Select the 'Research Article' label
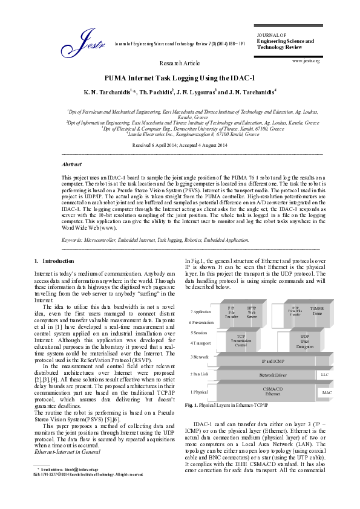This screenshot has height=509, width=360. tap(180, 63)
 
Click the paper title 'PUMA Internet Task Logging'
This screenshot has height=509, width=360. tap(180, 78)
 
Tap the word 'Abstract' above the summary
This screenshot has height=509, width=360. tap(73, 164)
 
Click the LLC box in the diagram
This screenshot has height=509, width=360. tap(324, 375)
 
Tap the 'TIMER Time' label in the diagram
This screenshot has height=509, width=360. tap(317, 311)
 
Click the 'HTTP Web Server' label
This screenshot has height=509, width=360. tap(252, 312)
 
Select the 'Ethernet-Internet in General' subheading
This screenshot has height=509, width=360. tap(66, 451)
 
